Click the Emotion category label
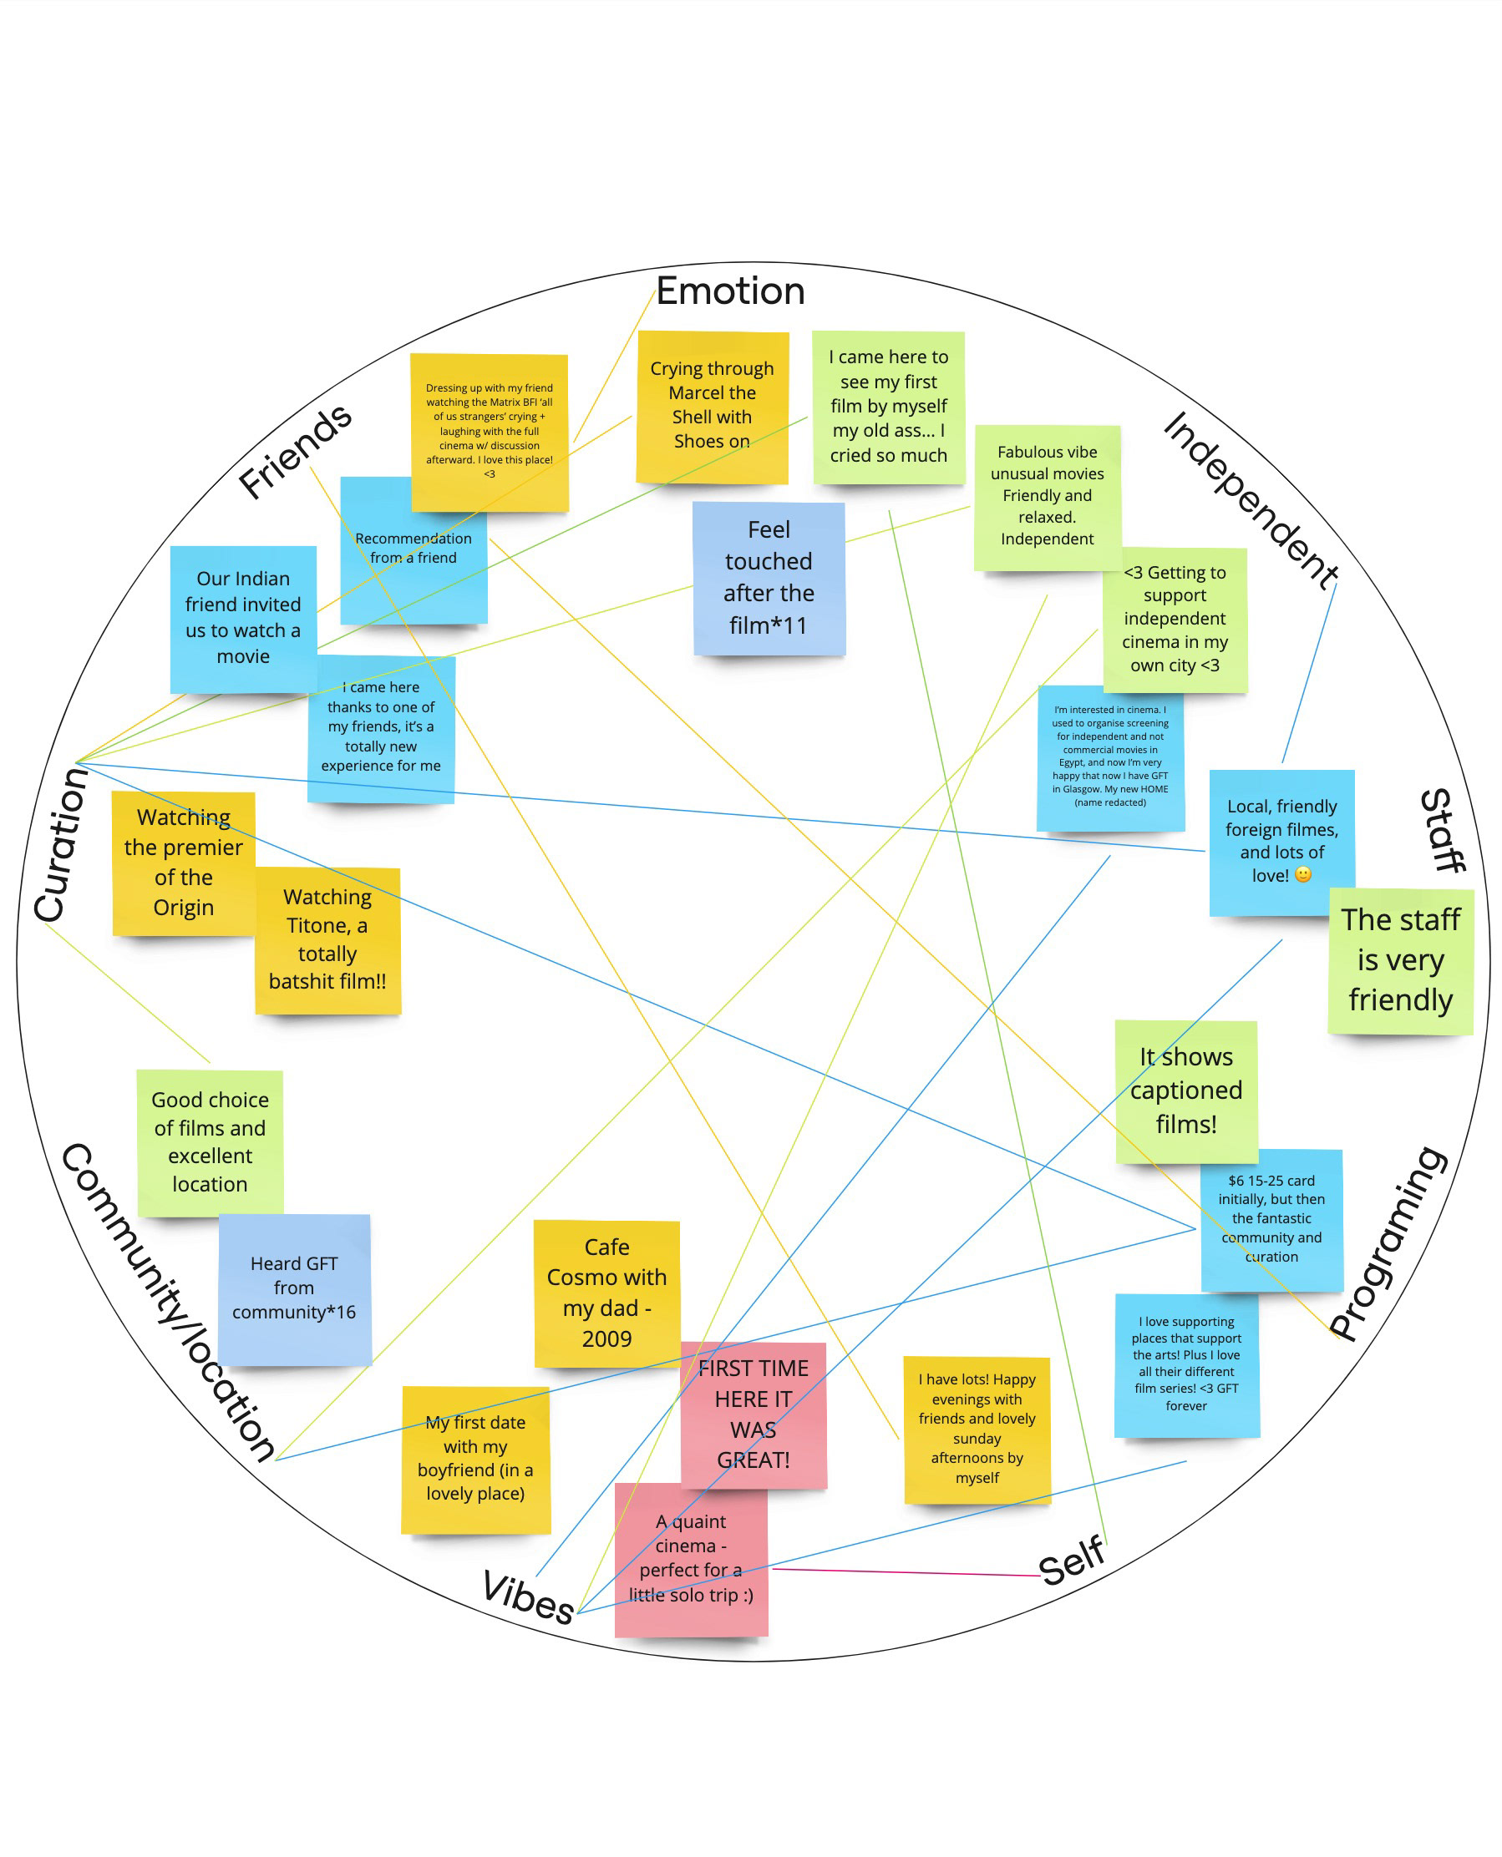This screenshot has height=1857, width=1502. [729, 291]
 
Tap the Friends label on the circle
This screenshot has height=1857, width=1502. [295, 452]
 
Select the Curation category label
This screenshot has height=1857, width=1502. [60, 845]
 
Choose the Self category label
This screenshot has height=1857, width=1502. [1071, 1562]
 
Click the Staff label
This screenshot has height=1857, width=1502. [1443, 830]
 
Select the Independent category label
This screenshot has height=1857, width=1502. [1250, 500]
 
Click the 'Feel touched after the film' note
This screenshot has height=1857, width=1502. [769, 578]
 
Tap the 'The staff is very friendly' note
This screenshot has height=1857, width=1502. [1400, 960]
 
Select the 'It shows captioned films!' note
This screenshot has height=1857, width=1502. [1185, 1090]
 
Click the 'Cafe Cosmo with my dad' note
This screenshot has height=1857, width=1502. [606, 1293]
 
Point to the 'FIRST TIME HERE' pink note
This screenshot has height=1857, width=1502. [754, 1414]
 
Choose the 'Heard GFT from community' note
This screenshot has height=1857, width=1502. [294, 1288]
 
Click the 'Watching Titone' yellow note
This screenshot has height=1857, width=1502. [327, 939]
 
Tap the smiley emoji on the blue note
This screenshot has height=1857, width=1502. [1302, 874]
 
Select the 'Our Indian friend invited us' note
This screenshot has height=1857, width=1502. [243, 618]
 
